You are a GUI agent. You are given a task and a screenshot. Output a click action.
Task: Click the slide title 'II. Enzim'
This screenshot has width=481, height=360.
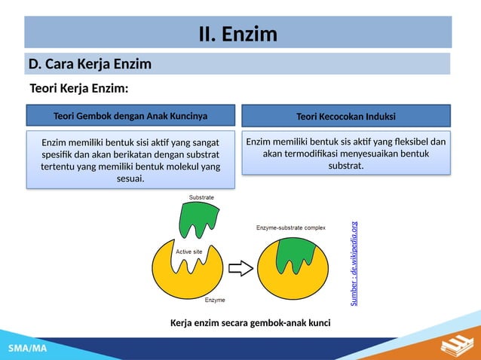click(237, 34)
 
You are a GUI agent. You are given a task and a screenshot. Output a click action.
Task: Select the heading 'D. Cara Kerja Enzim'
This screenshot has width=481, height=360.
click(90, 63)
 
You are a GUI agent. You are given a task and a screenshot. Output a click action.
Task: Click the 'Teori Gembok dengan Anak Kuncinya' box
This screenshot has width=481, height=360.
click(130, 116)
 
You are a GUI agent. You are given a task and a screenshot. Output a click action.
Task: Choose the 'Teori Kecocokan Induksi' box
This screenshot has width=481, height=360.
click(346, 116)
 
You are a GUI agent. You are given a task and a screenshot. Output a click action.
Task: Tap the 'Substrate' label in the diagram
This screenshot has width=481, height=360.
click(201, 197)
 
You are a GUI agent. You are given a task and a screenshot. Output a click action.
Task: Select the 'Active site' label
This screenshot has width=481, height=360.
click(188, 251)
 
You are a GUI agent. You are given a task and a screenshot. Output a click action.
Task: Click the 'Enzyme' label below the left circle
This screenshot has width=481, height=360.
click(216, 300)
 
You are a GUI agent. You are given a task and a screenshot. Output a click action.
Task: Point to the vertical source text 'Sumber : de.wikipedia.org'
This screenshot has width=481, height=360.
click(354, 263)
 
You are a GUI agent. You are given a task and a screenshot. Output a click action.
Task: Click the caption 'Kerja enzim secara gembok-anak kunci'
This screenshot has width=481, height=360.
click(251, 323)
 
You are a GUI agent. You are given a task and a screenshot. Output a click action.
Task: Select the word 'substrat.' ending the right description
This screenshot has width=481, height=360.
click(346, 166)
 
